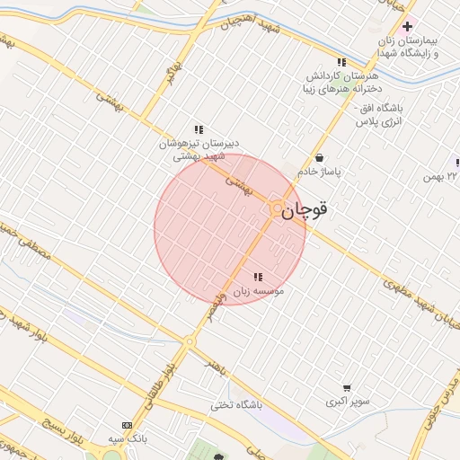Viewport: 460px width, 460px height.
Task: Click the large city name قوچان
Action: (305, 211)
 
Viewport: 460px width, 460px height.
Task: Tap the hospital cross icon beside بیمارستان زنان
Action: (409, 26)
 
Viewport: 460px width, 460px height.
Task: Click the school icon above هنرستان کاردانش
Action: (341, 61)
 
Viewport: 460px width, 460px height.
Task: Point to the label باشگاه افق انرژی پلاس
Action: (380, 113)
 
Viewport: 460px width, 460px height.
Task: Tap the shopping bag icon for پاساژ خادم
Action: (320, 157)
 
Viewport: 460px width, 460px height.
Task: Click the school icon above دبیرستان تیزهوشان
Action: (198, 129)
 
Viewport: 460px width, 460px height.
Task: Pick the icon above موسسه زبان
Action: (258, 277)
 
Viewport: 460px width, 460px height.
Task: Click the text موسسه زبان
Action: (259, 292)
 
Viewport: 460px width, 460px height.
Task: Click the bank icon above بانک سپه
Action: (127, 424)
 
